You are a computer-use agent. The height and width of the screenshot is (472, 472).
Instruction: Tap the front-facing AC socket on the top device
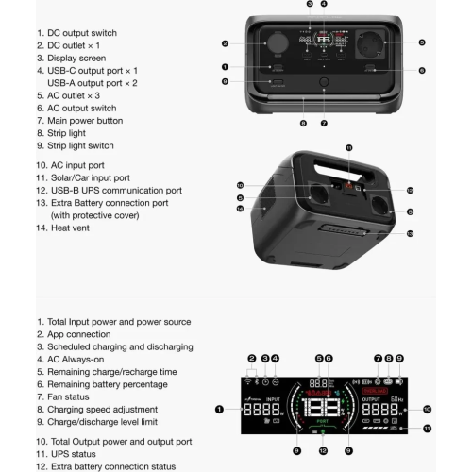pyautogui.click(x=367, y=42)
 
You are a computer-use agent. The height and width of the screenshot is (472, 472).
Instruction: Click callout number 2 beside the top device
pyautogui.click(x=226, y=42)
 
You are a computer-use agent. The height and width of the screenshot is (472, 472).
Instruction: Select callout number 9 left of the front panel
pyautogui.click(x=226, y=81)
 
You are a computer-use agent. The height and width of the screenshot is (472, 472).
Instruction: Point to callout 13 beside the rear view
pyautogui.click(x=410, y=232)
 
